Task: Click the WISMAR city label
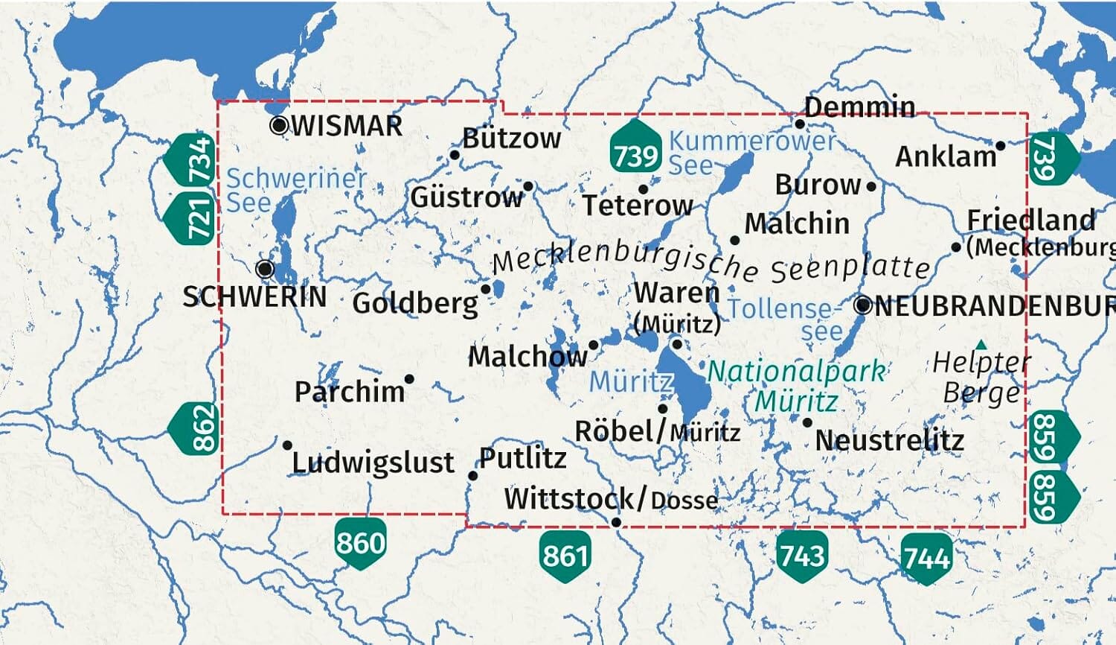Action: (x=347, y=126)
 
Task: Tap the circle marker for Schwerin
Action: (x=266, y=268)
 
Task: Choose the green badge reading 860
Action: (x=360, y=542)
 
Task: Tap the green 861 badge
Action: (x=565, y=555)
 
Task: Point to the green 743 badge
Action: (x=801, y=555)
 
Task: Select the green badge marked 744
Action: (x=926, y=557)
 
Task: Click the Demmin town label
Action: (x=859, y=107)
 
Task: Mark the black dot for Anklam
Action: (x=1001, y=146)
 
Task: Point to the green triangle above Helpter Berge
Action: (x=981, y=345)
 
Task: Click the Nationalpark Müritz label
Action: (x=797, y=386)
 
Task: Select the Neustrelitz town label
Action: (x=890, y=440)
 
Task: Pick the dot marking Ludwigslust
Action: (x=288, y=445)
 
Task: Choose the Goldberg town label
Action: (x=415, y=303)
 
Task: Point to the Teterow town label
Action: (x=638, y=205)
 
